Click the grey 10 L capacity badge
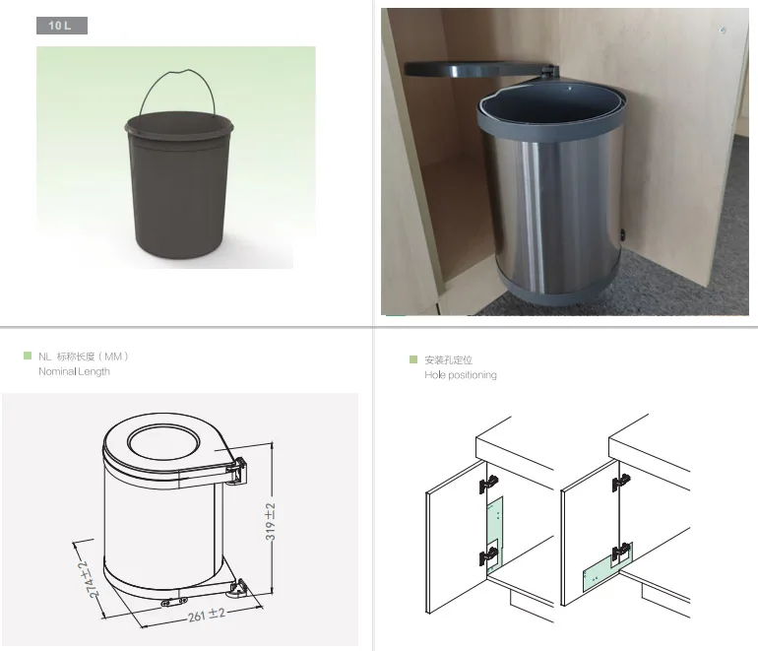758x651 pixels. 62,26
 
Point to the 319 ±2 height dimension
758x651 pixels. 269,522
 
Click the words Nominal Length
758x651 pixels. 74,371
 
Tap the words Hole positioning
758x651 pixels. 460,375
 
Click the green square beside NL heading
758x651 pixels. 28,355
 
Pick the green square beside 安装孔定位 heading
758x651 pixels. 414,359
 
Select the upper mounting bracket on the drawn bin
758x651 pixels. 239,469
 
